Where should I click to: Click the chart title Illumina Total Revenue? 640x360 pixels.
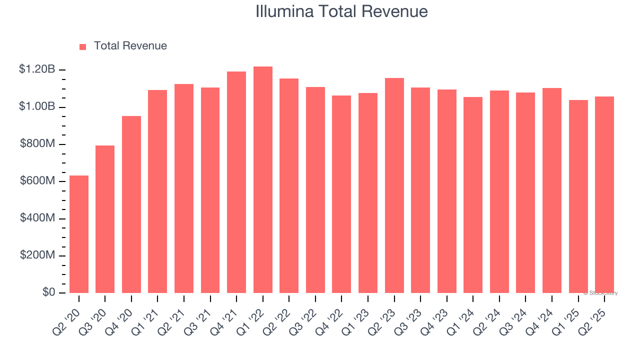click(341, 11)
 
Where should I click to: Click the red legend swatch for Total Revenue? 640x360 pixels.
click(83, 46)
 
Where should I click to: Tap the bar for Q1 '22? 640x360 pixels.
click(263, 179)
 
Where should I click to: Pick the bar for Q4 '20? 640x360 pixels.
click(131, 204)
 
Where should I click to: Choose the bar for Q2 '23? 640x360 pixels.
click(394, 185)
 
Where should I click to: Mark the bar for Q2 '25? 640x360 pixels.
click(604, 194)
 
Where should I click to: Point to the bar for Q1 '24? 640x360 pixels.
click(473, 195)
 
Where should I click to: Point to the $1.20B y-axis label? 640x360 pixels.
click(37, 69)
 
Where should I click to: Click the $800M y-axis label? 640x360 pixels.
click(37, 144)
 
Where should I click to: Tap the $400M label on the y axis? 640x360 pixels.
click(37, 218)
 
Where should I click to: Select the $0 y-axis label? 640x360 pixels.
click(48, 293)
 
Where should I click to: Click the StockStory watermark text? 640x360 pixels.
click(600, 293)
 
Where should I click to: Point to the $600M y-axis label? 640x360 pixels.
click(37, 181)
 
